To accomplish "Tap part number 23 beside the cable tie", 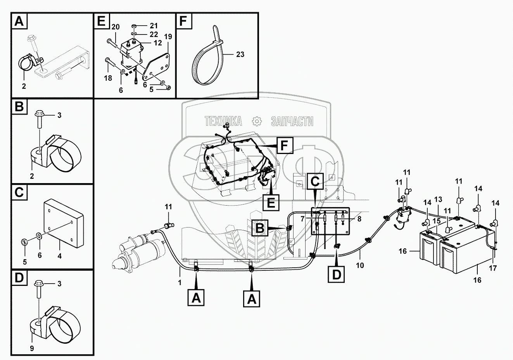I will [240, 54].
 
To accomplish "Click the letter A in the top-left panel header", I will [19, 21].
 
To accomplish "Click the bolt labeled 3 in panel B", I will [40, 120].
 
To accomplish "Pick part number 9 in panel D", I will [32, 348].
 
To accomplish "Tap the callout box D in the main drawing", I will [336, 274].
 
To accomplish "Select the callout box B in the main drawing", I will [259, 228].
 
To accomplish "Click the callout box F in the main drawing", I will [284, 146].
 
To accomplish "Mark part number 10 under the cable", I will [360, 265].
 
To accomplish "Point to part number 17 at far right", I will [492, 267].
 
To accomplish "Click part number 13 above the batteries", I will [438, 199].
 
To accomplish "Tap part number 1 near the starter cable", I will [180, 282].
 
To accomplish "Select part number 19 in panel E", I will [168, 37].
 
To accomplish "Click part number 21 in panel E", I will [154, 26].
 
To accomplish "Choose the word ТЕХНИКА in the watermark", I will [223, 121].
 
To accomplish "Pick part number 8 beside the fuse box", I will [359, 218].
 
